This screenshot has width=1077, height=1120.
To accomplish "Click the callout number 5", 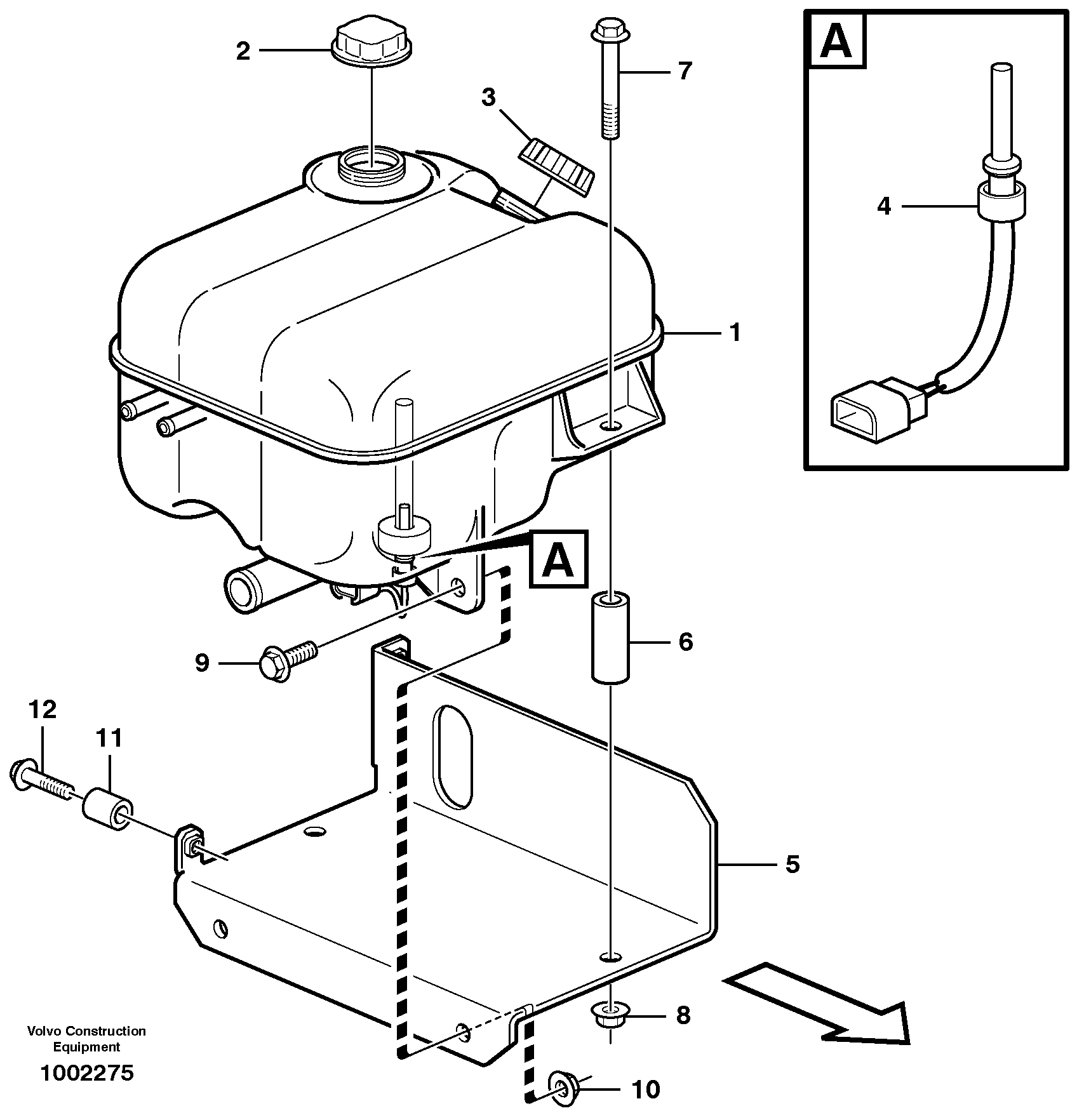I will click(792, 864).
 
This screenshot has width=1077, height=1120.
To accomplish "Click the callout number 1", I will click(735, 332).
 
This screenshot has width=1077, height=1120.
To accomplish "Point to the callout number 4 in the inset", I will click(883, 206).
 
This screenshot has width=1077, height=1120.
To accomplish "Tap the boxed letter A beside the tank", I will click(558, 559).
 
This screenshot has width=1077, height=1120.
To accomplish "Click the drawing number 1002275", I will click(87, 1072).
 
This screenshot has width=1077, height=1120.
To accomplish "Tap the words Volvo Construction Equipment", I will click(86, 1039).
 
